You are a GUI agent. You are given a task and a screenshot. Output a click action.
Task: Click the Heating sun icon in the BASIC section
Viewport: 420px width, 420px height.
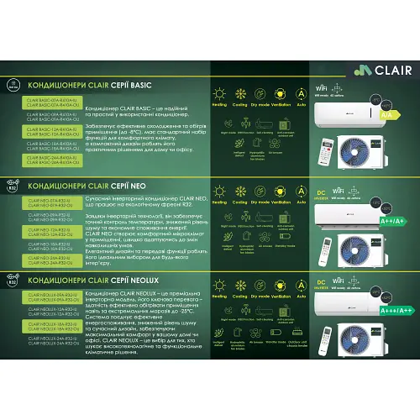point(220,94)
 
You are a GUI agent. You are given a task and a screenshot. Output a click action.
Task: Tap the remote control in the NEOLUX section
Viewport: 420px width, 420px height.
point(327,351)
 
